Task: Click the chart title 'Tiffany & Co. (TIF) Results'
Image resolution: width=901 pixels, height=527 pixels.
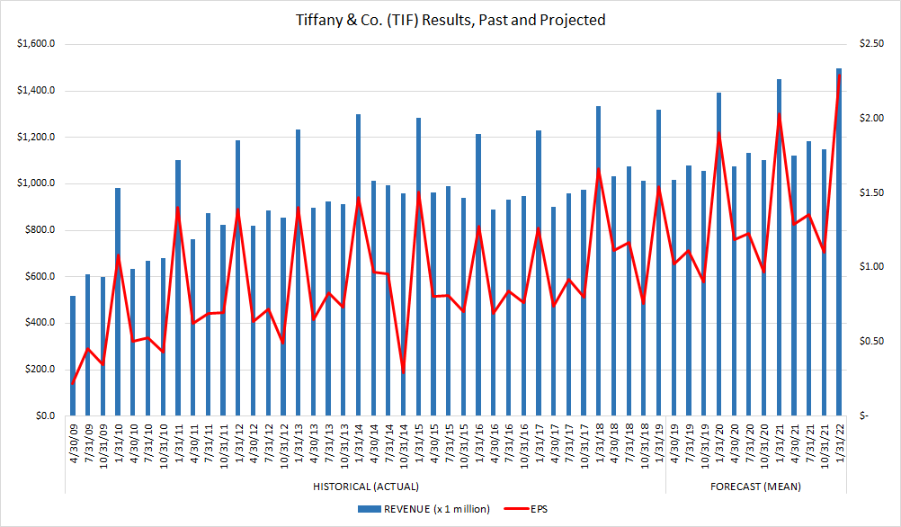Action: (x=450, y=19)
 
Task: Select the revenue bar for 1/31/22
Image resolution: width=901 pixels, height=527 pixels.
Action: (x=839, y=242)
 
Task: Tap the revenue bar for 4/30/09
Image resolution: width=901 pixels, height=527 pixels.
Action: (x=73, y=355)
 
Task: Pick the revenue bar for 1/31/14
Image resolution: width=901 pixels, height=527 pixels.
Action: (x=358, y=264)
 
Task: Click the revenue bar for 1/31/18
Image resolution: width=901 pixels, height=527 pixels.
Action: (x=598, y=261)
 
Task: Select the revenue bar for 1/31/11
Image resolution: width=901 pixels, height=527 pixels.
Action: (x=178, y=288)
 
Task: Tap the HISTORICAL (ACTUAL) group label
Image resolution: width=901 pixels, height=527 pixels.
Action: (x=364, y=487)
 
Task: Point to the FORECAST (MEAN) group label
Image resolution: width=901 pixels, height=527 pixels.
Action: (x=755, y=487)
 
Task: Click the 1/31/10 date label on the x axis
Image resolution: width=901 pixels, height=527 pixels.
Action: (x=118, y=442)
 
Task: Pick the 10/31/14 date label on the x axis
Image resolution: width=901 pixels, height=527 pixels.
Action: (x=403, y=442)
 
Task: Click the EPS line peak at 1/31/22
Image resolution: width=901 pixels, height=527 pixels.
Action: (x=839, y=76)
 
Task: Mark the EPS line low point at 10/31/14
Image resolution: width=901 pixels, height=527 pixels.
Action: (x=403, y=371)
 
